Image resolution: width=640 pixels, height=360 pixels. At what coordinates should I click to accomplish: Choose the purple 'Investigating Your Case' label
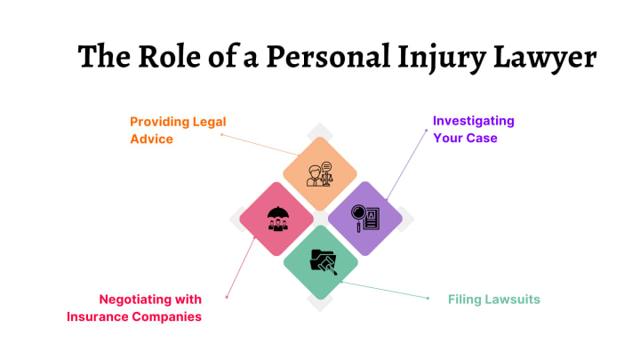[473, 129]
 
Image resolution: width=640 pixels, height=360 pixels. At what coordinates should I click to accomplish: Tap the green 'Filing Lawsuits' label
[493, 300]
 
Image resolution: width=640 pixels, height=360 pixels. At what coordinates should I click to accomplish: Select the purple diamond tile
[365, 219]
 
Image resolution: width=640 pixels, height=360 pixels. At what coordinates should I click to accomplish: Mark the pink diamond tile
[276, 219]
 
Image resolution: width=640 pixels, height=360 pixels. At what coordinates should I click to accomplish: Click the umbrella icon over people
[279, 219]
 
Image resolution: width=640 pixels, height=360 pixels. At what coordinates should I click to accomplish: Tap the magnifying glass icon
[359, 215]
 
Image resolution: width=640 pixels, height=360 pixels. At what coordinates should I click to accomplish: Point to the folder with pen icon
[322, 261]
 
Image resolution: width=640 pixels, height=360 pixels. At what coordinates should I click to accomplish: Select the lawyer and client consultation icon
[320, 173]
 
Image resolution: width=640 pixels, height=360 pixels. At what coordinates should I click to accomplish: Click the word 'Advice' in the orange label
[151, 140]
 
